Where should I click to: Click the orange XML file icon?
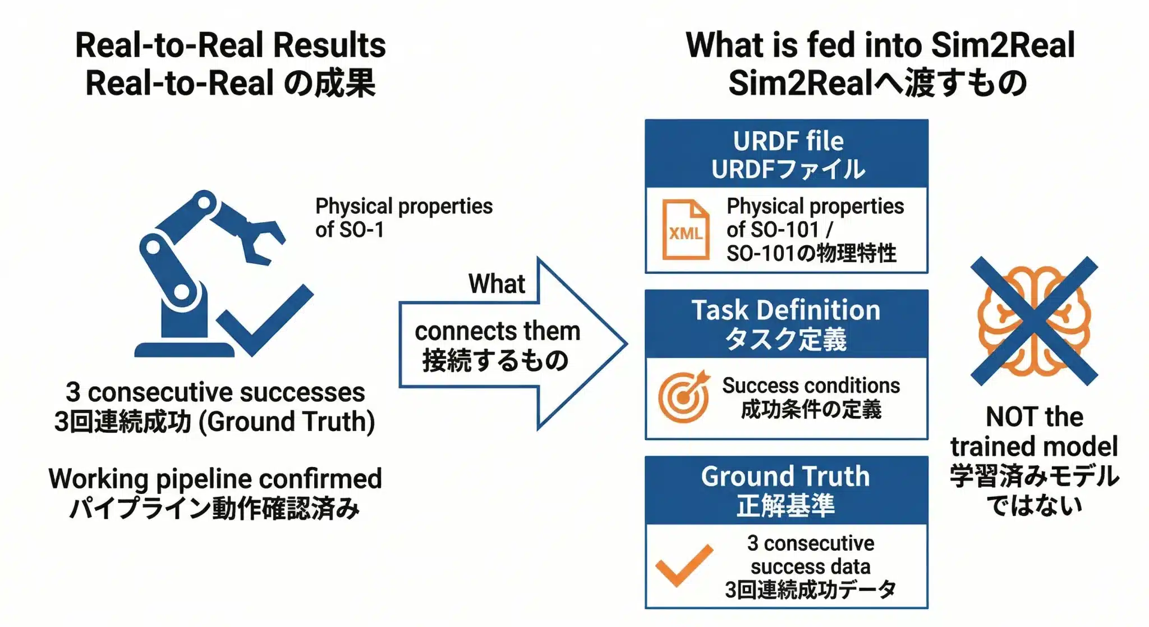pyautogui.click(x=685, y=230)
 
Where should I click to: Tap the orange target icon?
pyautogui.click(x=684, y=397)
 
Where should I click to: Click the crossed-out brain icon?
pyautogui.click(x=1033, y=321)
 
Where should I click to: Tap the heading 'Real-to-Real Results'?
pyautogui.click(x=231, y=45)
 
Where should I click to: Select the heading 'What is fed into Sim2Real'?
pyautogui.click(x=880, y=45)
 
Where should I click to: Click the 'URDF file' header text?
pyautogui.click(x=788, y=141)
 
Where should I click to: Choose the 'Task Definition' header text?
pyautogui.click(x=786, y=310)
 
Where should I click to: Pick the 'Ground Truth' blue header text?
pyautogui.click(x=785, y=477)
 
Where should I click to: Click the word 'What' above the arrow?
pyautogui.click(x=497, y=283)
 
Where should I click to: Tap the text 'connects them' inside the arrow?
pyautogui.click(x=497, y=331)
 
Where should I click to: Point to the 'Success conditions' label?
pyautogui.click(x=811, y=386)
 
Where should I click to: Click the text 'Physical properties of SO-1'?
pyautogui.click(x=403, y=218)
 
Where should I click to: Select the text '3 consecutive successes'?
pyautogui.click(x=215, y=392)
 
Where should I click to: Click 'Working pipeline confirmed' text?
pyautogui.click(x=215, y=479)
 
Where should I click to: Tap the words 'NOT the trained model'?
pyautogui.click(x=1034, y=432)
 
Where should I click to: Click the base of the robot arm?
pyautogui.click(x=184, y=350)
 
